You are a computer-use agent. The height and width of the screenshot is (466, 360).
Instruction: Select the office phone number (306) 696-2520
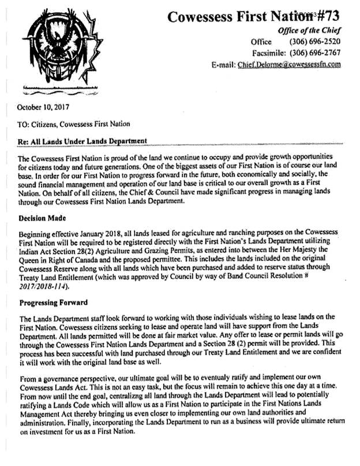click(314, 42)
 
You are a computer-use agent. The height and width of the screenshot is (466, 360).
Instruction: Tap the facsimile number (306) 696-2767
click(314, 54)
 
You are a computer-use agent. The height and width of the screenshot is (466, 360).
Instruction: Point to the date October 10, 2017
click(42, 107)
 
